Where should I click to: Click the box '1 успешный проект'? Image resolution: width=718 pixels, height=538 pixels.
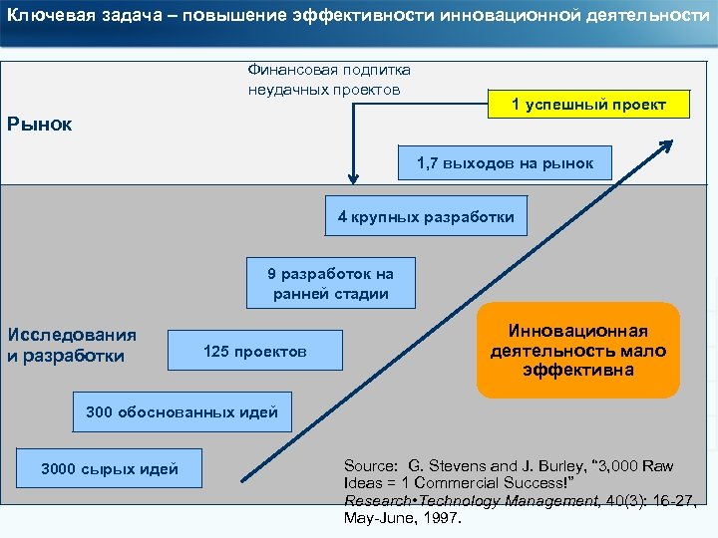(x=588, y=105)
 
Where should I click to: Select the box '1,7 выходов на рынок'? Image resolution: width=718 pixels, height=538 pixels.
(x=506, y=162)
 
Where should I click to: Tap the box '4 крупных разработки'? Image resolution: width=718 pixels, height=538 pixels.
(x=426, y=216)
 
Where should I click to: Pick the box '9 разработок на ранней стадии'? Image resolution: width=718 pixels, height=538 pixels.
(x=330, y=284)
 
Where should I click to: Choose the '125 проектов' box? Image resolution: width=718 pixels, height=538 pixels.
(x=255, y=352)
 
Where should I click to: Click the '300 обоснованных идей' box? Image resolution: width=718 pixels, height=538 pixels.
(x=182, y=411)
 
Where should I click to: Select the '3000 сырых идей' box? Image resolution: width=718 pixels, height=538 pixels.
(x=110, y=469)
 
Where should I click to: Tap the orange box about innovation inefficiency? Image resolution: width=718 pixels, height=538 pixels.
(x=578, y=351)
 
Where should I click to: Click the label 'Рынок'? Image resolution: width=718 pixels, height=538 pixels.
(x=40, y=126)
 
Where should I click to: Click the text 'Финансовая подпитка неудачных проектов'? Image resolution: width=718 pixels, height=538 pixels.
(x=328, y=80)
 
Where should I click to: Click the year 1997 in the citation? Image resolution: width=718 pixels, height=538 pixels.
(x=442, y=518)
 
